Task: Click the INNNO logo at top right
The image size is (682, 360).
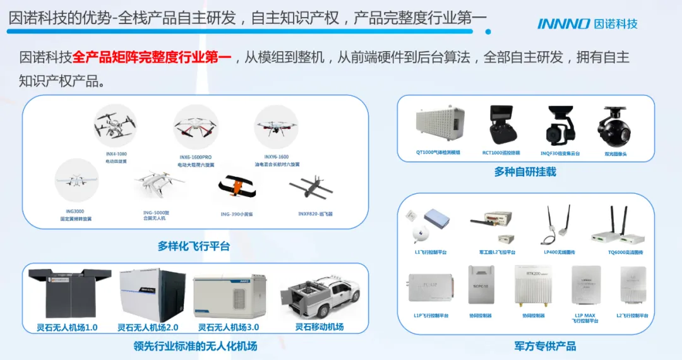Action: [587, 24]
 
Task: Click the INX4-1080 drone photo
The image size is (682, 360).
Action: [115, 126]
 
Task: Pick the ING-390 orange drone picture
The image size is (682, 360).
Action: [237, 188]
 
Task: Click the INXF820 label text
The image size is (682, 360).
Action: [316, 214]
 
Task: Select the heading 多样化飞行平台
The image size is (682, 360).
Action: [193, 246]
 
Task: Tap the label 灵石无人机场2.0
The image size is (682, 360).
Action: [148, 327]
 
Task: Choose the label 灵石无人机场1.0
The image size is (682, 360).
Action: [67, 327]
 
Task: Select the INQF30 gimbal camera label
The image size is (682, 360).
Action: [559, 153]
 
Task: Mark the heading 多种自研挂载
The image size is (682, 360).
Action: [525, 171]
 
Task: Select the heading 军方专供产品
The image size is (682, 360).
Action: [544, 346]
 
